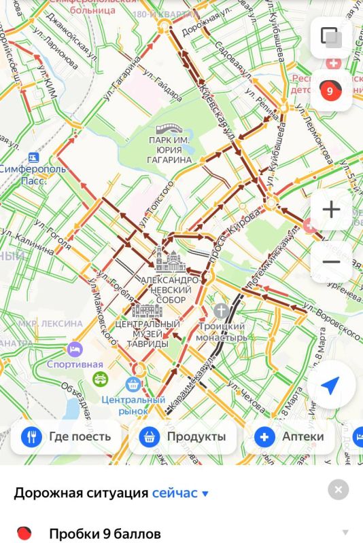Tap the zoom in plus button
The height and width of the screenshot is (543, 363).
(x=331, y=209)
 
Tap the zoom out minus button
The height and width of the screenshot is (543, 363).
(x=331, y=262)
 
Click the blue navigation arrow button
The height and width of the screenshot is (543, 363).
(x=330, y=386)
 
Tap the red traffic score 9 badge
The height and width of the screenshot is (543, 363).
(x=330, y=90)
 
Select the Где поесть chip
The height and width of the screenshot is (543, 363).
(x=66, y=436)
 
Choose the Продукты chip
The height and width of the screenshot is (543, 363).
(x=183, y=436)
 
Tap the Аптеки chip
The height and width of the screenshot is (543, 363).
(x=290, y=436)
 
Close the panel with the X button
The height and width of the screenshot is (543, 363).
(x=338, y=489)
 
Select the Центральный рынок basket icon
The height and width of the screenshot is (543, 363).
(x=133, y=384)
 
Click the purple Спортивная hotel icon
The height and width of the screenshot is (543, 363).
(x=75, y=350)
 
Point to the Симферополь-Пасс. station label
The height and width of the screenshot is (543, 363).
(x=32, y=174)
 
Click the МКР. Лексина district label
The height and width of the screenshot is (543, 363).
(x=50, y=324)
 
